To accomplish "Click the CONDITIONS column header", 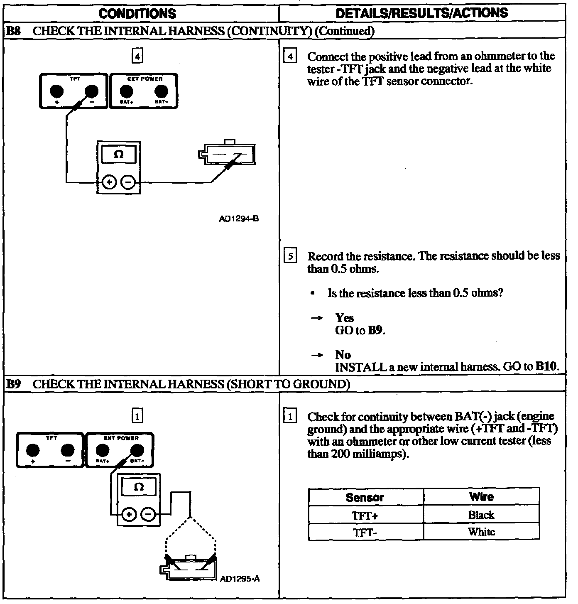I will [137, 13].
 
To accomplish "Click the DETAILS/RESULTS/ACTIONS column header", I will [421, 13].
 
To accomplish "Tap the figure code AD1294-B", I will [239, 219].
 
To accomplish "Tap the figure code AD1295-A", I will [240, 579].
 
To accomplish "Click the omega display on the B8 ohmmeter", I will [119, 155].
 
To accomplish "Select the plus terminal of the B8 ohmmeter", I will [109, 182].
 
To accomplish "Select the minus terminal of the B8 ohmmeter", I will [129, 182].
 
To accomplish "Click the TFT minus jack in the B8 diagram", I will [91, 91].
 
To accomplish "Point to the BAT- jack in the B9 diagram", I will [137, 450].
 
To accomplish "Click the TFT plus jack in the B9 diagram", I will [33, 450].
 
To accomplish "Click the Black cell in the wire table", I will [481, 515].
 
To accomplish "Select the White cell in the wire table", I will [481, 532].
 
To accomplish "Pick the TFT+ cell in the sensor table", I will [365, 516].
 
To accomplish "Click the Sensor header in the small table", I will [365, 497].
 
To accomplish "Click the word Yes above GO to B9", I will [345, 318].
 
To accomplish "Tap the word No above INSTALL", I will [343, 355].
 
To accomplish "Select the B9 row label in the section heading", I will [14, 384].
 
